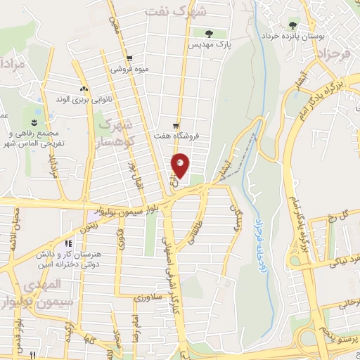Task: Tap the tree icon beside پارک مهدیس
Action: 208,32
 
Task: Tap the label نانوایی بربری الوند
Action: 85,99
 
